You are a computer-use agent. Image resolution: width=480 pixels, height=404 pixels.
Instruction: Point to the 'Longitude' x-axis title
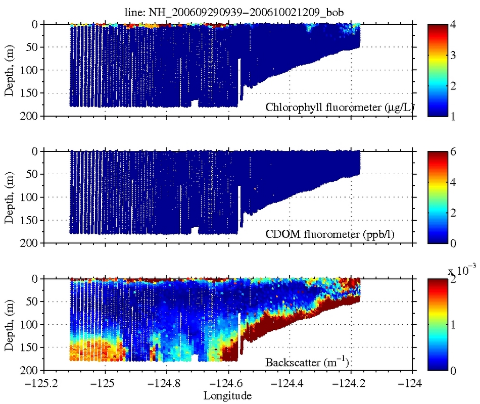(227, 395)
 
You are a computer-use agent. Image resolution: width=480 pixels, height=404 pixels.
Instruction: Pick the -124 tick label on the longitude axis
(412, 382)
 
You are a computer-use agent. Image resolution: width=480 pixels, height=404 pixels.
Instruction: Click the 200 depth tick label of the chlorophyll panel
(31, 116)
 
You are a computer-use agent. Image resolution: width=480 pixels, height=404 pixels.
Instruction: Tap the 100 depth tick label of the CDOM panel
(31, 197)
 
